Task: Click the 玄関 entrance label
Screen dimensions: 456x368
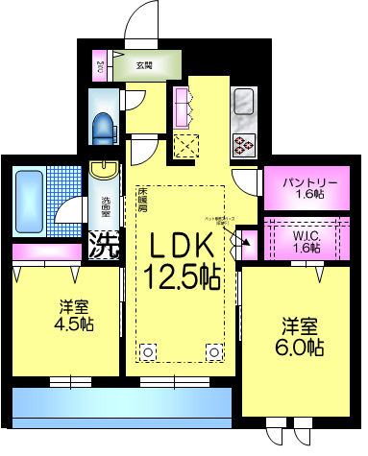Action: click(144, 66)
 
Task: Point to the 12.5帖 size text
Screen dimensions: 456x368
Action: click(181, 278)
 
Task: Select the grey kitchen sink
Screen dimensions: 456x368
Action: click(242, 102)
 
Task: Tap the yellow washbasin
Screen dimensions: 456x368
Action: click(101, 170)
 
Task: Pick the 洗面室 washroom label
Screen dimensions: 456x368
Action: click(105, 209)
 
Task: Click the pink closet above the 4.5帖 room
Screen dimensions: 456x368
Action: click(47, 252)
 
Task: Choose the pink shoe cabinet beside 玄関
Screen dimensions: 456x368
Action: click(101, 66)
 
